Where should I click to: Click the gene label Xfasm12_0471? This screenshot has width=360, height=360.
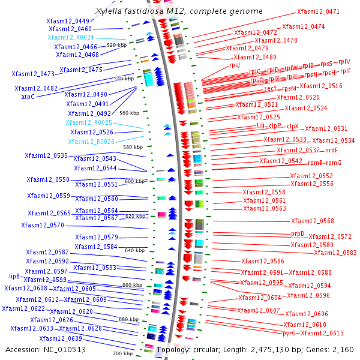pyautogui.click(x=318, y=11)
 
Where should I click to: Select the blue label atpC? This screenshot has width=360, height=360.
pyautogui.click(x=28, y=97)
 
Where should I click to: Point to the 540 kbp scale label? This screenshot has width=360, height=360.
pyautogui.click(x=123, y=79)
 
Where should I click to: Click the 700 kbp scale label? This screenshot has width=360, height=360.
pyautogui.click(x=123, y=353)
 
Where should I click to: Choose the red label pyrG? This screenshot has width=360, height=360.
pyautogui.click(x=289, y=332)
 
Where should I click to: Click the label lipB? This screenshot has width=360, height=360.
pyautogui.click(x=14, y=277)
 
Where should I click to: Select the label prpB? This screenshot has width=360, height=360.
pyautogui.click(x=298, y=233)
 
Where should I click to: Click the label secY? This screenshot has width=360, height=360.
pyautogui.click(x=271, y=88)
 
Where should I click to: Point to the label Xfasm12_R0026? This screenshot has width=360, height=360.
pyautogui.click(x=91, y=142)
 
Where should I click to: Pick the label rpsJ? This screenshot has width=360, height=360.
pyautogui.click(x=235, y=65)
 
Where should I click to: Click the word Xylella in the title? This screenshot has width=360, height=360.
pyautogui.click(x=109, y=11)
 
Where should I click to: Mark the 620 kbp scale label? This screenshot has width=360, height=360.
pyautogui.click(x=135, y=216)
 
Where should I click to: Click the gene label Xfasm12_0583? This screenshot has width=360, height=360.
pyautogui.click(x=335, y=253)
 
